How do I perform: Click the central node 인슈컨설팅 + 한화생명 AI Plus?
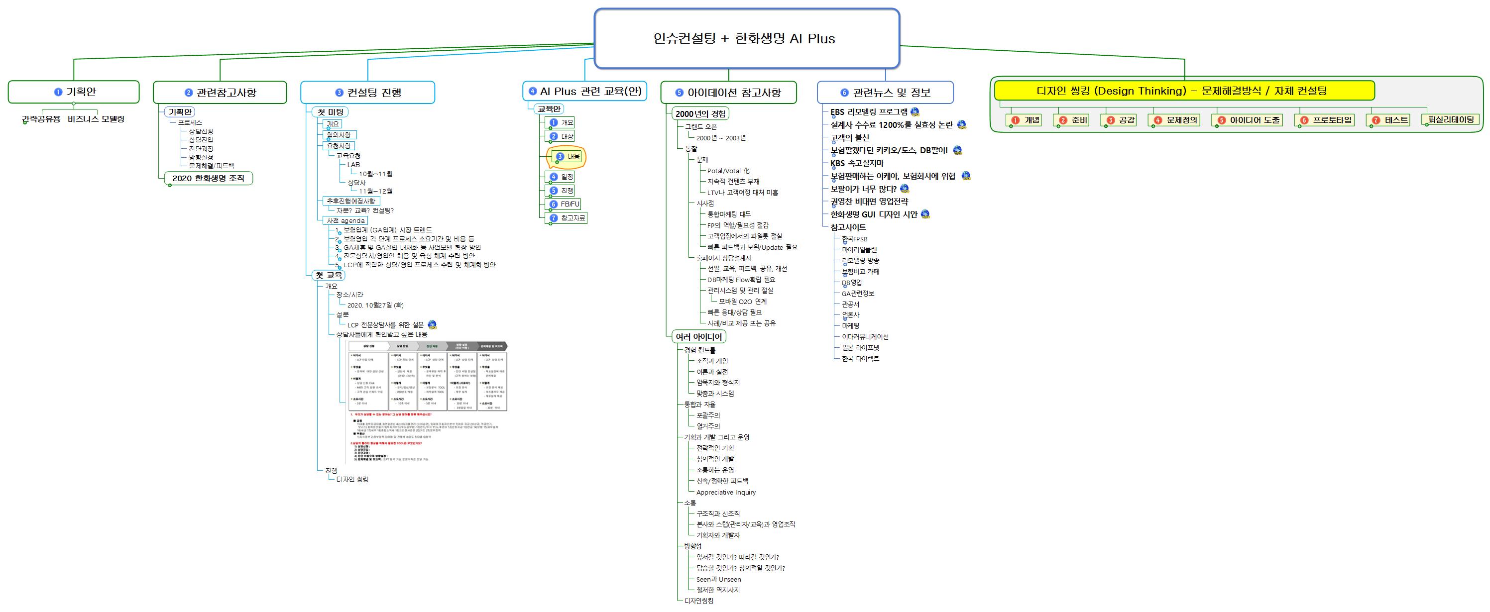point(746,39)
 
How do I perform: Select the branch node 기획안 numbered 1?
point(74,92)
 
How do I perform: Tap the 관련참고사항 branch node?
point(220,93)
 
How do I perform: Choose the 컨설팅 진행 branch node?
point(368,93)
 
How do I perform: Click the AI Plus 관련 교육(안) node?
point(584,92)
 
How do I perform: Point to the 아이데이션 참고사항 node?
point(728,93)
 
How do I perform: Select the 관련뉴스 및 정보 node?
point(885,93)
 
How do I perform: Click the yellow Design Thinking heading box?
point(1183,91)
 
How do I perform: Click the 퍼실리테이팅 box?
point(1451,119)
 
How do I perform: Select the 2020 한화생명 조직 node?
point(208,178)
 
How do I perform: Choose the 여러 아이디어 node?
point(699,336)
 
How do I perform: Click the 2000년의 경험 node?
point(700,114)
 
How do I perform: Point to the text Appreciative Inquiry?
point(726,493)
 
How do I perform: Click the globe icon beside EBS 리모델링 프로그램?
point(915,111)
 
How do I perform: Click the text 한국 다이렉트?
point(860,359)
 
